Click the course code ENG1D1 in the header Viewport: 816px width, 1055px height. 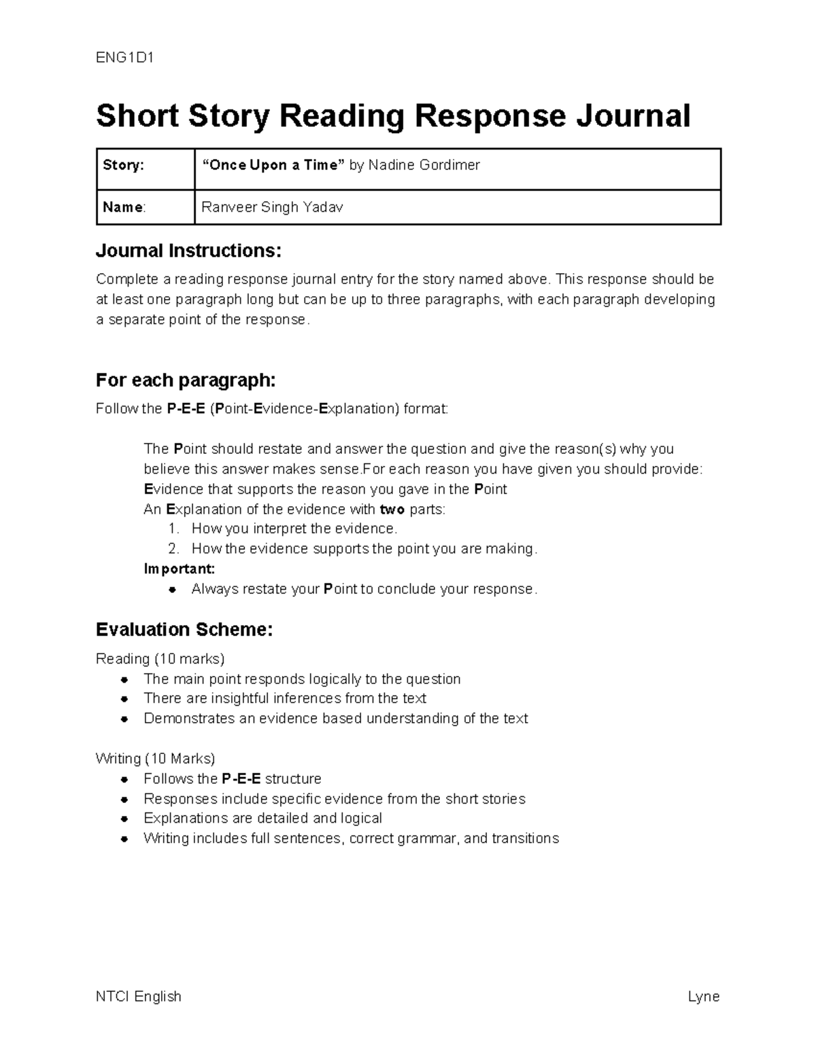pyautogui.click(x=125, y=58)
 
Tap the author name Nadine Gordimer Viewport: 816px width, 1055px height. pyautogui.click(x=424, y=165)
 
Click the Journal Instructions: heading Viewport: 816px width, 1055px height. pyautogui.click(x=188, y=251)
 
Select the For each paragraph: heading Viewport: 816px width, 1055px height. pyautogui.click(x=186, y=380)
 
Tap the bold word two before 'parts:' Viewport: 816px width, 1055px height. pyautogui.click(x=392, y=509)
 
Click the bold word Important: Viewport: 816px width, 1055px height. pyautogui.click(x=180, y=569)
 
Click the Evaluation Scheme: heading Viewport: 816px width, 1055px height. pyautogui.click(x=184, y=629)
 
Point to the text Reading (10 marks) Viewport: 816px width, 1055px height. pyautogui.click(x=160, y=659)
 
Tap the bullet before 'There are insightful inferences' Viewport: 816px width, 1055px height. pyautogui.click(x=124, y=699)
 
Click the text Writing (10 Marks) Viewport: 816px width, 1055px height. pyautogui.click(x=155, y=758)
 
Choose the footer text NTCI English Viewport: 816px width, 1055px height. pyautogui.click(x=139, y=997)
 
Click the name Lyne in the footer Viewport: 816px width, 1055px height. pyautogui.click(x=703, y=997)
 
